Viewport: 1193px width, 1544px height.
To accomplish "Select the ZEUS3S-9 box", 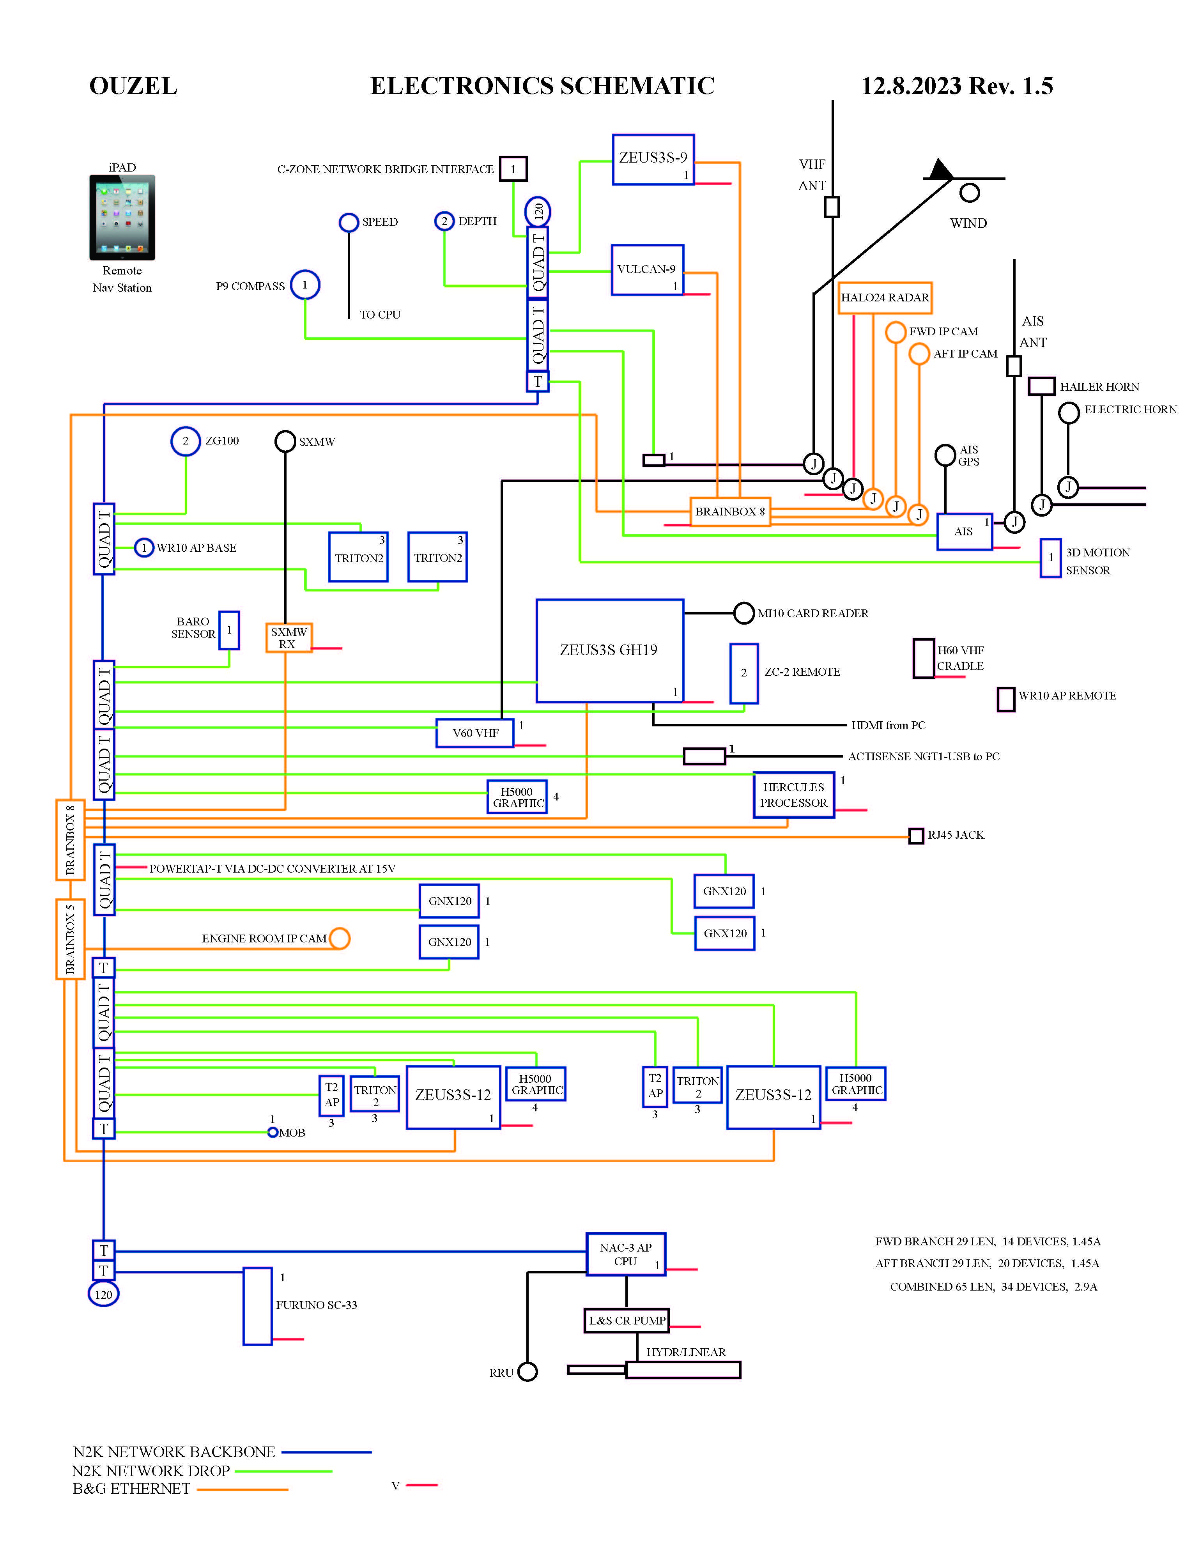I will tap(653, 160).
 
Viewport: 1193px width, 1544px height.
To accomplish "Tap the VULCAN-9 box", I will tap(647, 269).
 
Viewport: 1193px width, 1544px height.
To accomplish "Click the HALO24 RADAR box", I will tap(885, 297).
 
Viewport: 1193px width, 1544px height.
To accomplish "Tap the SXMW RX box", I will tap(289, 637).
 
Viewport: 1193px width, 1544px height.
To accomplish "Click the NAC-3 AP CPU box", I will tap(625, 1255).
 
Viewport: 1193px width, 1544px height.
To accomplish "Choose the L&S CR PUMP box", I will tap(626, 1321).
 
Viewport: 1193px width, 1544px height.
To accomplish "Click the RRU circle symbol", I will tap(527, 1372).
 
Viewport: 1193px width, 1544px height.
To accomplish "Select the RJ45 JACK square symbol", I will tap(916, 836).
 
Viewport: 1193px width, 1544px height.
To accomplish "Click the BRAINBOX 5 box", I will tap(70, 939).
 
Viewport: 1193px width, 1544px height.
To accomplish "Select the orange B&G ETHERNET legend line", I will tap(242, 1489).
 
